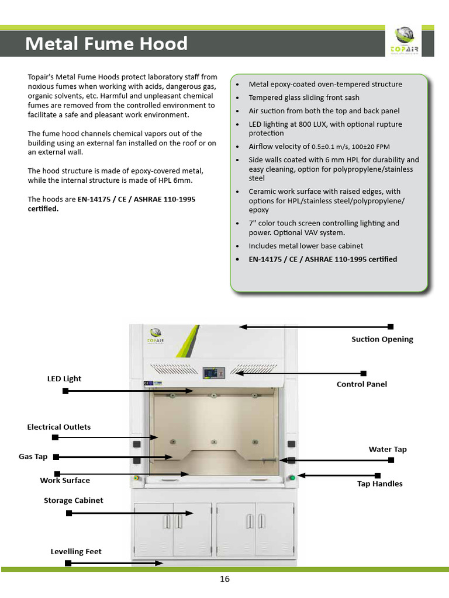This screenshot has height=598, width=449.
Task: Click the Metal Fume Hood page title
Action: click(106, 44)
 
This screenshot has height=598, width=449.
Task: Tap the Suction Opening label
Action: click(382, 339)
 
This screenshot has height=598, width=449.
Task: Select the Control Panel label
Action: click(361, 384)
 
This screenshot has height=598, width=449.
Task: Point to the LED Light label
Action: click(64, 378)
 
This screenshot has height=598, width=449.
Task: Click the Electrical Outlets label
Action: click(59, 427)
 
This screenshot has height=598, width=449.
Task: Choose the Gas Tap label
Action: click(33, 457)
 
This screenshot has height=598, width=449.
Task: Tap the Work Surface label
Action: click(65, 481)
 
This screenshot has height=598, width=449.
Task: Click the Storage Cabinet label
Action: click(74, 500)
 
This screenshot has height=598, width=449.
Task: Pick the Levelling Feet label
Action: click(76, 551)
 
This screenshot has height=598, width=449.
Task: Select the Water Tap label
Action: click(388, 450)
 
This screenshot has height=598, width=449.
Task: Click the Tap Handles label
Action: click(380, 484)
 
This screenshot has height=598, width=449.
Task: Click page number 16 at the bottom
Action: click(225, 579)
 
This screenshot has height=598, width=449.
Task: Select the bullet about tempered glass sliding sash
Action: click(304, 98)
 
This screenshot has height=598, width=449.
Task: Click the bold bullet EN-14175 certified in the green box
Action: click(323, 259)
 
